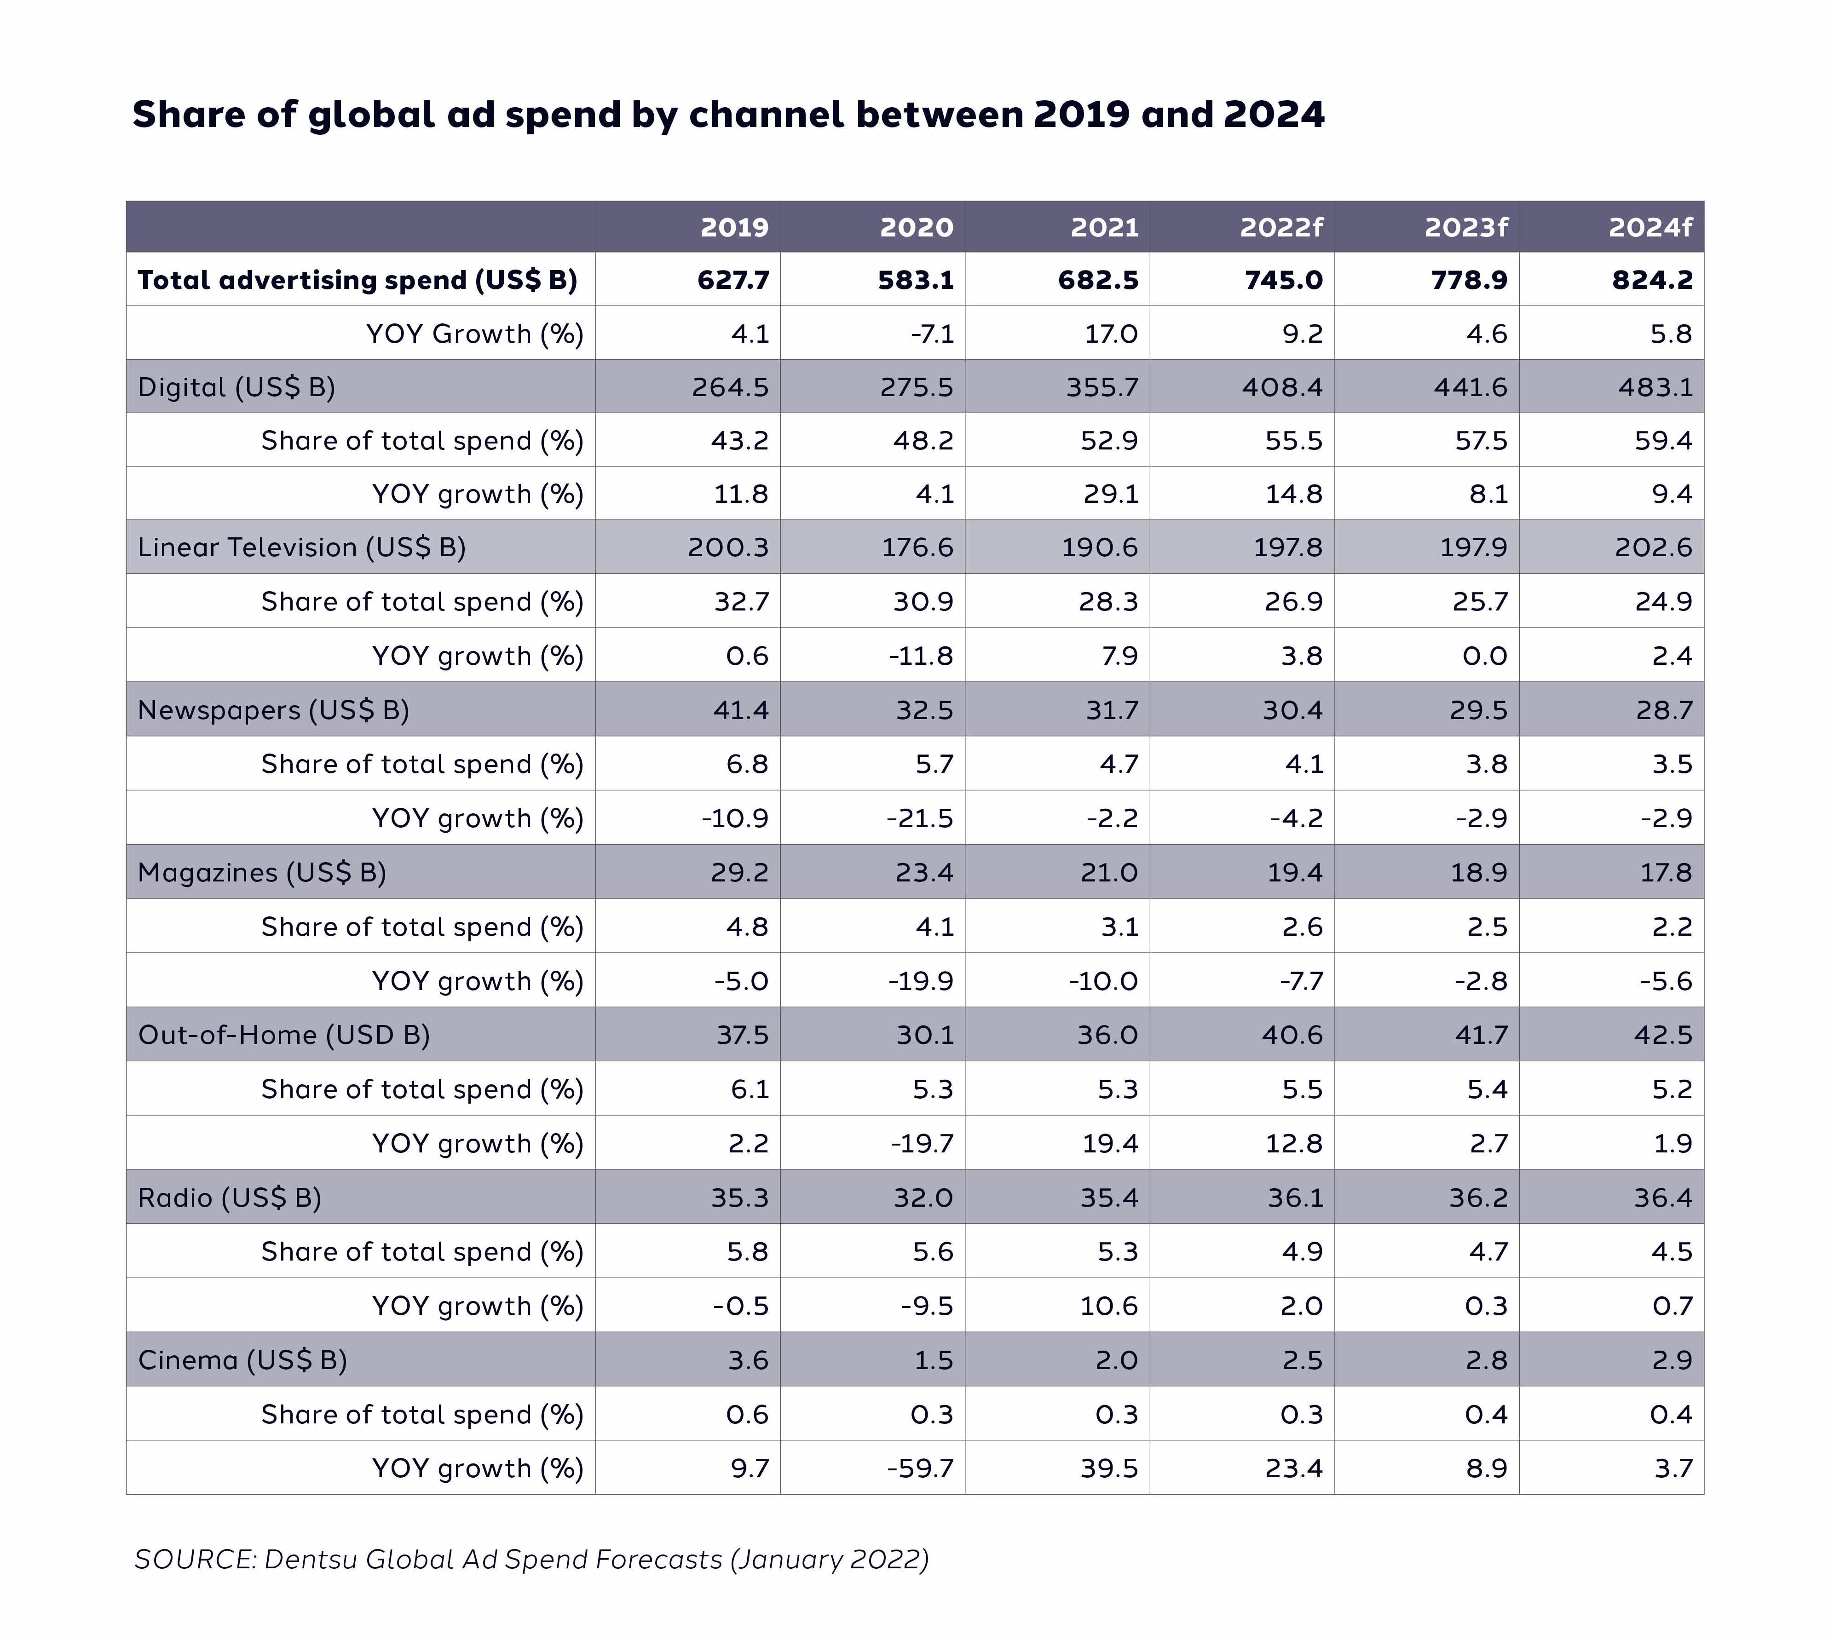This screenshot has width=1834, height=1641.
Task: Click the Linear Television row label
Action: tap(301, 547)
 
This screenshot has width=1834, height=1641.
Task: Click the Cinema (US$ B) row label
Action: tap(242, 1360)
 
